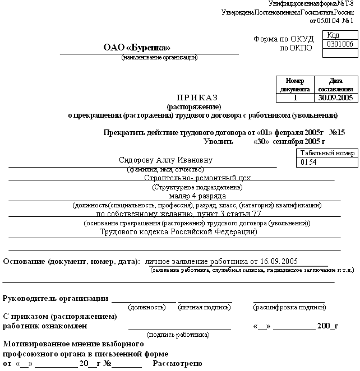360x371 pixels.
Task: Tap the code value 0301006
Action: (340, 44)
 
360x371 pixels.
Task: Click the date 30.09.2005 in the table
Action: (335, 97)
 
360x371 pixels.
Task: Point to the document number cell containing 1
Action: (295, 97)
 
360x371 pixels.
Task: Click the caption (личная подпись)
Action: (205, 307)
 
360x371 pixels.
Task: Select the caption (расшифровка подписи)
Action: (289, 307)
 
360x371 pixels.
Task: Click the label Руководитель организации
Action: (56, 298)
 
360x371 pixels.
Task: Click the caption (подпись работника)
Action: (178, 334)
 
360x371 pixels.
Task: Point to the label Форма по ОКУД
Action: (279, 39)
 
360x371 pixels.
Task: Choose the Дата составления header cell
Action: (335, 85)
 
